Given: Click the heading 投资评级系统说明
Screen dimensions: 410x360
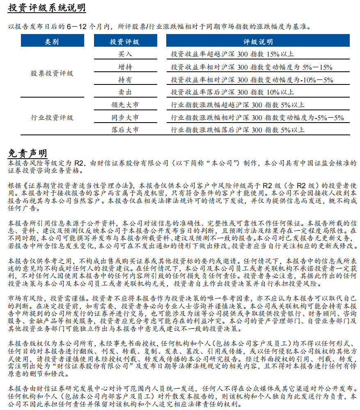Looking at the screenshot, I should pyautogui.click(x=47, y=9).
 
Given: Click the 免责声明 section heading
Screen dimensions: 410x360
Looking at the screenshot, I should pyautogui.click(x=27, y=153).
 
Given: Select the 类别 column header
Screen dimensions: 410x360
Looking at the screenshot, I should pyautogui.click(x=51, y=42).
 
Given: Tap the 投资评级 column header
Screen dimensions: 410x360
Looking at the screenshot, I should pyautogui.click(x=124, y=42).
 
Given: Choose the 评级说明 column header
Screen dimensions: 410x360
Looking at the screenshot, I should pyautogui.click(x=257, y=42).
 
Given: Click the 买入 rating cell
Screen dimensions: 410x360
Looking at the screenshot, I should pyautogui.click(x=124, y=54).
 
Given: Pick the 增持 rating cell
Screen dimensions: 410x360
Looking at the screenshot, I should pyautogui.click(x=124, y=67).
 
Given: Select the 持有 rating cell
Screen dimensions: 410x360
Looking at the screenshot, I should pyautogui.click(x=124, y=80).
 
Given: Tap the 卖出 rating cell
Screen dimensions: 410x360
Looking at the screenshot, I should pyautogui.click(x=124, y=92).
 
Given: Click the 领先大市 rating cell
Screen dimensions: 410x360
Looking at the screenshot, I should pyautogui.click(x=124, y=105).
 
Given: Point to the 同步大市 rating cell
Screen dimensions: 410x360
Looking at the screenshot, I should pyautogui.click(x=124, y=118).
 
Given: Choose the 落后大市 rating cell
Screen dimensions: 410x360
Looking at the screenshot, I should pyautogui.click(x=124, y=130).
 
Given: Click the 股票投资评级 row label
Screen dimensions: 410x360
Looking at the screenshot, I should pyautogui.click(x=52, y=73).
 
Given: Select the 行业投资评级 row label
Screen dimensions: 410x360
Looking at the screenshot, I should pyautogui.click(x=52, y=118).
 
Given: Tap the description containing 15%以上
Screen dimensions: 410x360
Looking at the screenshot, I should pyautogui.click(x=232, y=54).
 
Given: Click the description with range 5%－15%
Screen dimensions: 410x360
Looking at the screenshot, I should pyautogui.click(x=251, y=67).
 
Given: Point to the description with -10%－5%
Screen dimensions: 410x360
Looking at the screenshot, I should pyautogui.click(x=252, y=80).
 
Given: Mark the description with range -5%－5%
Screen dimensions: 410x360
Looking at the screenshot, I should pyautogui.click(x=257, y=118).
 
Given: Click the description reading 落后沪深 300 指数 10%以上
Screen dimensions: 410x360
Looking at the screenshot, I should pyautogui.click(x=232, y=92).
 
